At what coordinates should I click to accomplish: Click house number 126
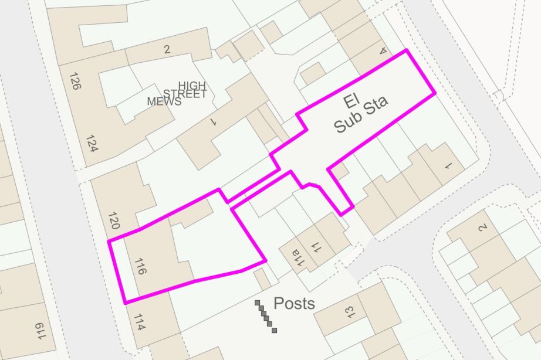tap(75, 80)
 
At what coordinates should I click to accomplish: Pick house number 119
tap(40, 331)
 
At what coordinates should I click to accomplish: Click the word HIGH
tap(192, 86)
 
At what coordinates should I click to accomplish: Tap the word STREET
tap(185, 94)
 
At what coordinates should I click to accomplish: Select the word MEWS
tap(164, 101)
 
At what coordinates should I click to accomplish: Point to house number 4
tap(384, 52)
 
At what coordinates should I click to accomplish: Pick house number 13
tap(350, 311)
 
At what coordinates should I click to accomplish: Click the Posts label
tap(295, 304)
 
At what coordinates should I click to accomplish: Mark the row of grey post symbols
tap(266, 317)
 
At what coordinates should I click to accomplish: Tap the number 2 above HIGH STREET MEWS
tap(167, 50)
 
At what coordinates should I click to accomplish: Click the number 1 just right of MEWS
tap(214, 122)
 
